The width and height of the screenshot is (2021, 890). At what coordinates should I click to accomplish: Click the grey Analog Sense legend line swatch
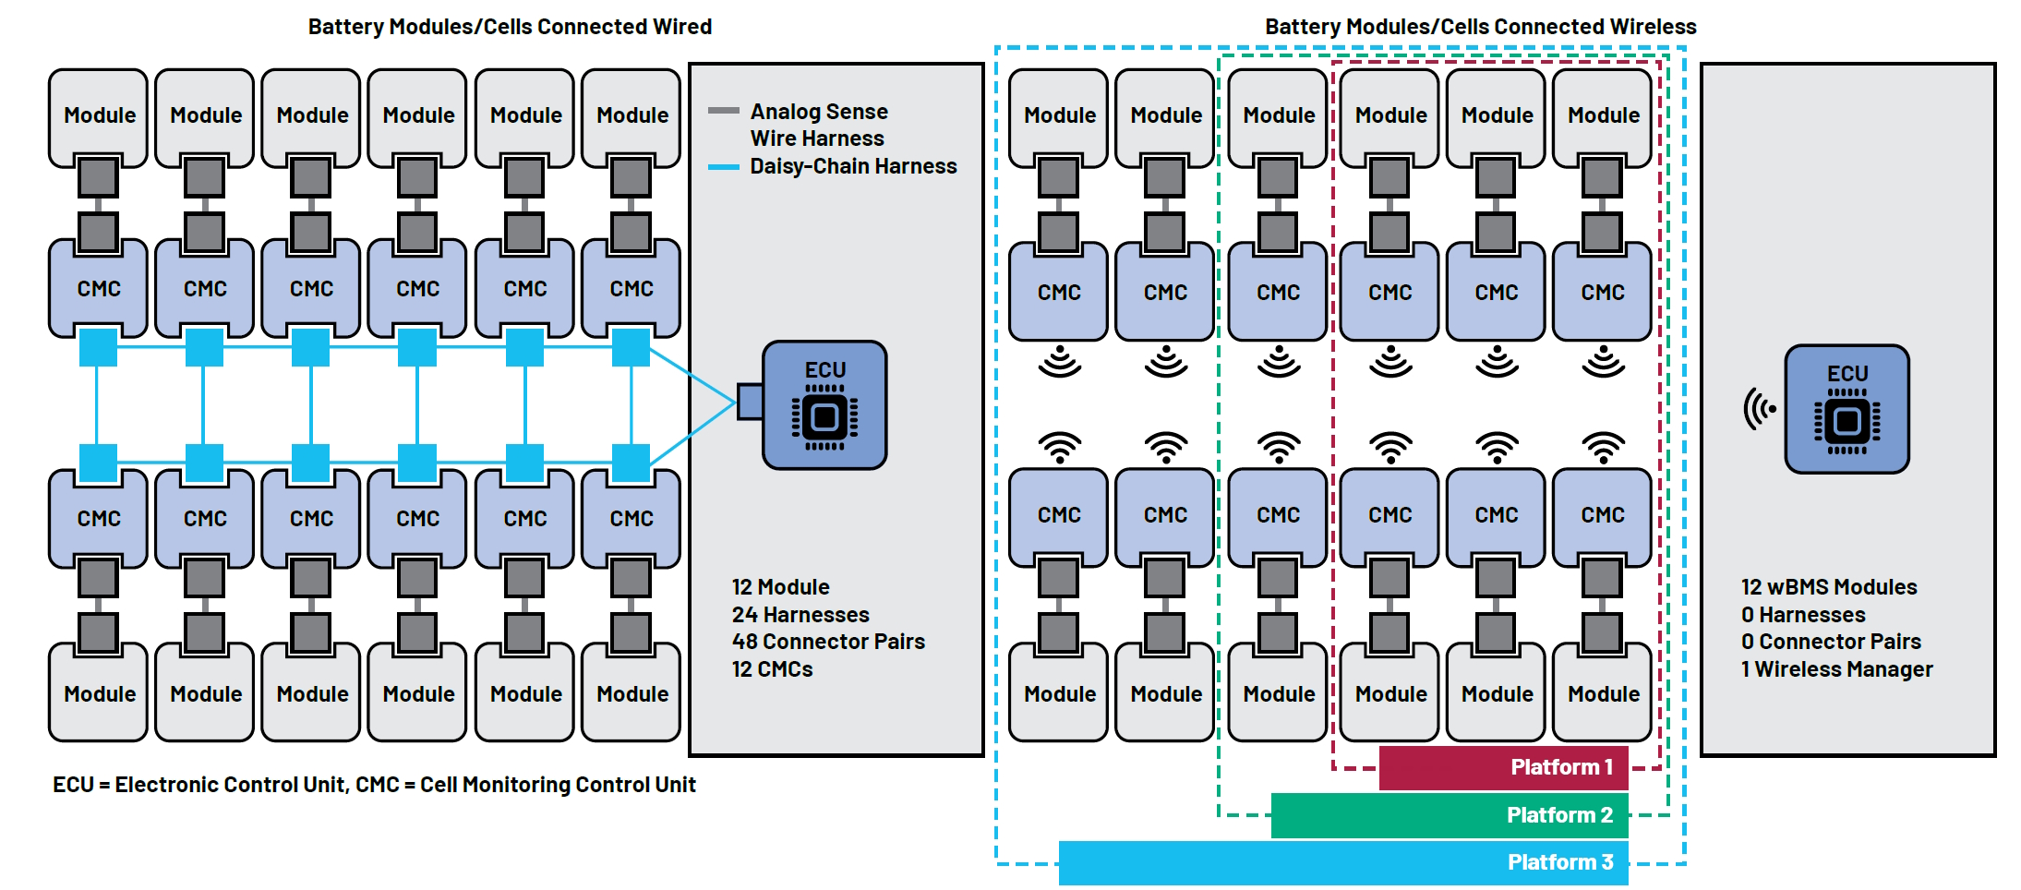click(723, 111)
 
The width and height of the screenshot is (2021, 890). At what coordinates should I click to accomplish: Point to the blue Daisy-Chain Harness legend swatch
click(723, 167)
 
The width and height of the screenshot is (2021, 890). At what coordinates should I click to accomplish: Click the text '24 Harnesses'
click(800, 615)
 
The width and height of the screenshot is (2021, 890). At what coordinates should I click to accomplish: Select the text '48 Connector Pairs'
click(828, 642)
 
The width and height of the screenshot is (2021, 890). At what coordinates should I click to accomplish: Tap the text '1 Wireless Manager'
click(1836, 669)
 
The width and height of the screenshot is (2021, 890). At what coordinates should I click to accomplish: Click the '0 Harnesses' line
click(1803, 615)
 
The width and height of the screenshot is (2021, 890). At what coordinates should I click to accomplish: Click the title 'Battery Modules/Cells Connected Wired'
click(510, 27)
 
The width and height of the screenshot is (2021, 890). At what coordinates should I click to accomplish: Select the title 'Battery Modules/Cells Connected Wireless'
click(1480, 27)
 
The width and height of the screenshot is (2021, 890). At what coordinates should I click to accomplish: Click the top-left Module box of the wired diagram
click(99, 116)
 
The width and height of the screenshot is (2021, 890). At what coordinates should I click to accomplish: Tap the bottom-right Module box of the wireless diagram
click(1603, 694)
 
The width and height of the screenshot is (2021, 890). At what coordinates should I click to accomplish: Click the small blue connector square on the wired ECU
click(749, 402)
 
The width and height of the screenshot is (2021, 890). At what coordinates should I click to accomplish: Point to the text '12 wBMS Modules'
click(1829, 587)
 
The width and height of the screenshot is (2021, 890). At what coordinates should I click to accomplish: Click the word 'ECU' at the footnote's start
click(73, 785)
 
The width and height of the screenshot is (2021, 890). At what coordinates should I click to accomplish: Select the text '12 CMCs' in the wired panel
click(772, 669)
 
